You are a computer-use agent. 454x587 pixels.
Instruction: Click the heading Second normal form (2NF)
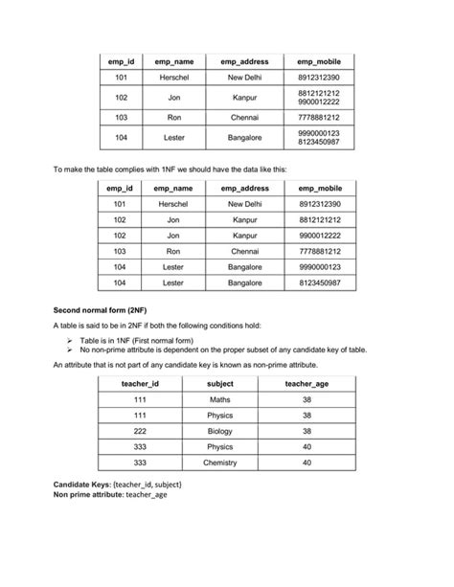coord(93,311)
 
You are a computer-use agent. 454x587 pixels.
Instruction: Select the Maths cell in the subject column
coord(219,399)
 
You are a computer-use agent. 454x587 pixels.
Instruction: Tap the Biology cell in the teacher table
coord(219,431)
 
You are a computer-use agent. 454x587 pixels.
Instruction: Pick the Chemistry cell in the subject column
coord(219,463)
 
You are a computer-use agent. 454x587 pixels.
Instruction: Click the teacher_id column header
coord(140,383)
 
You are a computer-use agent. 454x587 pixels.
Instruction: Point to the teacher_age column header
coord(306,383)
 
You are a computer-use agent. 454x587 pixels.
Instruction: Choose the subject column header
coord(219,383)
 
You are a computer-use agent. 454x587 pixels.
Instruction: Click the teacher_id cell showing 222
coord(140,431)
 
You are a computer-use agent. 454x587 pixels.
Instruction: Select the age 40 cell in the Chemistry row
coord(306,463)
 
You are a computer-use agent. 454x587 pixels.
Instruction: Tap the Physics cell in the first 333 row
coord(219,446)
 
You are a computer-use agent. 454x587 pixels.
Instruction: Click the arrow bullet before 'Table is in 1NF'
coord(70,340)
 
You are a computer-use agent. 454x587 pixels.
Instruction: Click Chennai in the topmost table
coord(244,117)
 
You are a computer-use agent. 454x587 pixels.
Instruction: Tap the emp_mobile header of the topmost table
coord(319,61)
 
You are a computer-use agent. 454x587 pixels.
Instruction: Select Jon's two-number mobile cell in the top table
coord(319,98)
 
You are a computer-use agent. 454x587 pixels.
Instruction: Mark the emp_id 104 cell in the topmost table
coord(121,138)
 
